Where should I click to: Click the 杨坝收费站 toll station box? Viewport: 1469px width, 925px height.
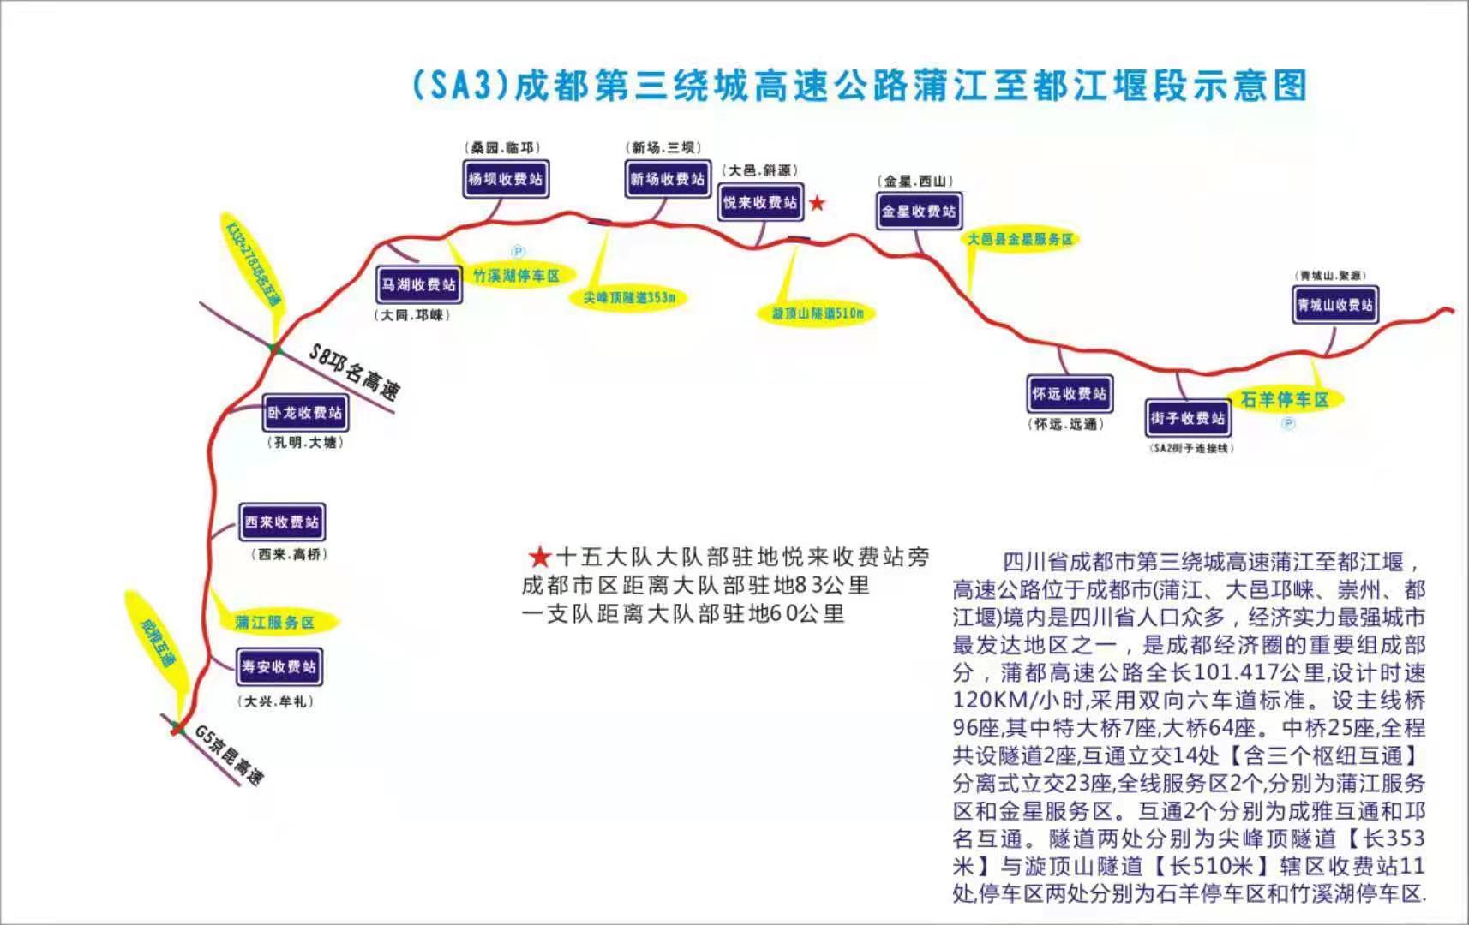coord(506,179)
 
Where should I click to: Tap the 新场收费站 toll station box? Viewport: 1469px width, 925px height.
coord(667,179)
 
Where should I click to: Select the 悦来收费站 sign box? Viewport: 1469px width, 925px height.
coord(760,202)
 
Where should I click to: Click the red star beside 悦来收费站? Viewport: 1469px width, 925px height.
coord(818,203)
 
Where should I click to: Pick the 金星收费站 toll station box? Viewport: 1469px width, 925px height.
coord(919,211)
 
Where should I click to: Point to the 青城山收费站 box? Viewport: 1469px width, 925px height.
coord(1334,304)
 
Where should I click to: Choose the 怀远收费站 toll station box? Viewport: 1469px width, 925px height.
coord(1069,393)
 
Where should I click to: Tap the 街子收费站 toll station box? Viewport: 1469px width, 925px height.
coord(1187,417)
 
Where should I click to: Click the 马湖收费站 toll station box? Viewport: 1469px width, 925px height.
coord(419,284)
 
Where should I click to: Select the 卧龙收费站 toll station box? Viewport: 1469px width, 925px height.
coord(304,412)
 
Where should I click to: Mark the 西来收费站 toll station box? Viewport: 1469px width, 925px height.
coord(281,522)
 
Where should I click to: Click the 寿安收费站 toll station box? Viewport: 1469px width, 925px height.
coord(279,666)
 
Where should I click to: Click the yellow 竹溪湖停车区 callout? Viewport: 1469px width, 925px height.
coord(516,275)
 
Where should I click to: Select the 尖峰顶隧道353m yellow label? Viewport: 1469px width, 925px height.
coord(629,297)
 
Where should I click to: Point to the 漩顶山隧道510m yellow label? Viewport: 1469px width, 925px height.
coord(818,313)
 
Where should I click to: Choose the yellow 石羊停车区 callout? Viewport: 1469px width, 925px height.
coord(1284,399)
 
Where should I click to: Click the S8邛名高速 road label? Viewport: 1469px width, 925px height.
coord(354,373)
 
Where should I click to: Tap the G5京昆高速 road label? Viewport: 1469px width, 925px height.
coord(229,755)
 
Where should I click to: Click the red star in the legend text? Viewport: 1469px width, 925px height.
coord(539,558)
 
